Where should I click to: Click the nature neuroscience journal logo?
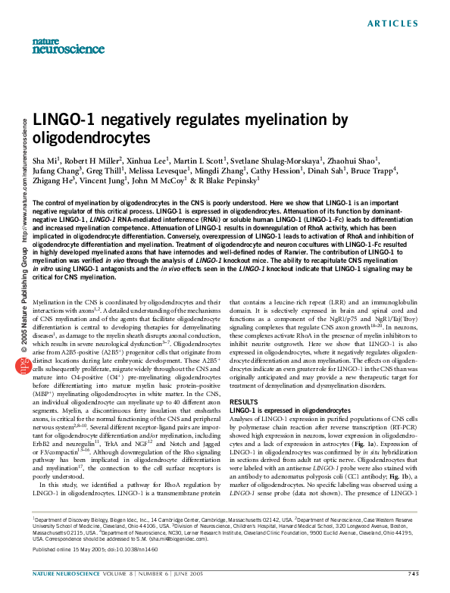pyautogui.click(x=58, y=46)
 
